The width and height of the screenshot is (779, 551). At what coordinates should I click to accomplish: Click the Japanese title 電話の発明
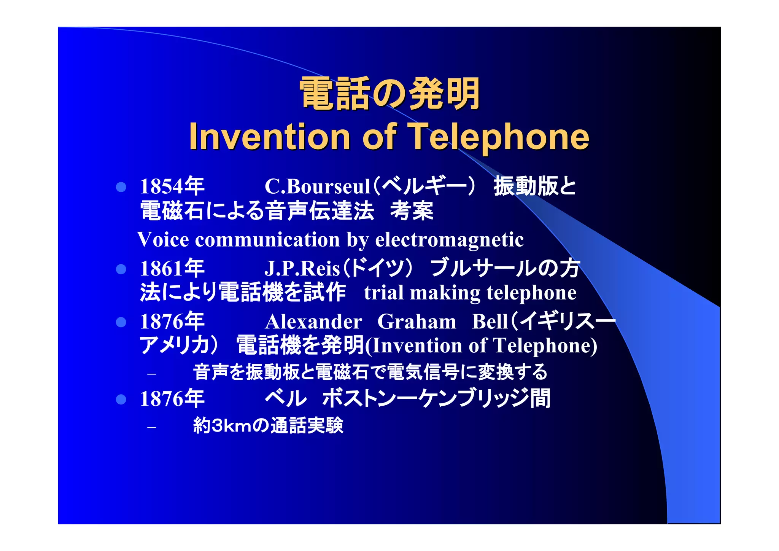(389, 94)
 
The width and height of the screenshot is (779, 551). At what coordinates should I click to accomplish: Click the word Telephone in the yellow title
(498, 137)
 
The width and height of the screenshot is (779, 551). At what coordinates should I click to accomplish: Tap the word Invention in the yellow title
(269, 137)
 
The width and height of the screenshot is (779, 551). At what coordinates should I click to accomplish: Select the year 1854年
(172, 186)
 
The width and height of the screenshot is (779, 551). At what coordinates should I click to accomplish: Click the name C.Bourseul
(317, 186)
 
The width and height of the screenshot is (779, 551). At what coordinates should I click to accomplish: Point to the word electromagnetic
(449, 240)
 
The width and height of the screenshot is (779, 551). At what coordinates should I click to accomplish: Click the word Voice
(163, 240)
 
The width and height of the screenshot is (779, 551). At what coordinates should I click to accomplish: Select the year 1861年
(172, 268)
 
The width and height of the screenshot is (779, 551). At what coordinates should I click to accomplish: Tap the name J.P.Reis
(302, 268)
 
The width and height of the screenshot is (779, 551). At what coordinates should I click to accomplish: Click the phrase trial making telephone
(470, 293)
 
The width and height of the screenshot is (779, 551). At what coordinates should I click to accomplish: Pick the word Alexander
(313, 322)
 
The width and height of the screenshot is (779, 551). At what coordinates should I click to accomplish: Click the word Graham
(417, 322)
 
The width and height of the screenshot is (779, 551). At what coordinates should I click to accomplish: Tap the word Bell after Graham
(490, 322)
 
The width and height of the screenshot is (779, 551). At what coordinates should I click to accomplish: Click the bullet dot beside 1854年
(121, 187)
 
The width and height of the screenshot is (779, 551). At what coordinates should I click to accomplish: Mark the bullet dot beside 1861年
(121, 269)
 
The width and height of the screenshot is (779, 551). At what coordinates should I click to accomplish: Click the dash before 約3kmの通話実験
(152, 427)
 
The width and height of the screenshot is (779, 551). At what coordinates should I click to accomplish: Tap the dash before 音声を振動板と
(152, 374)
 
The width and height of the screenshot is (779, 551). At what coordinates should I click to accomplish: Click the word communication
(267, 240)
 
